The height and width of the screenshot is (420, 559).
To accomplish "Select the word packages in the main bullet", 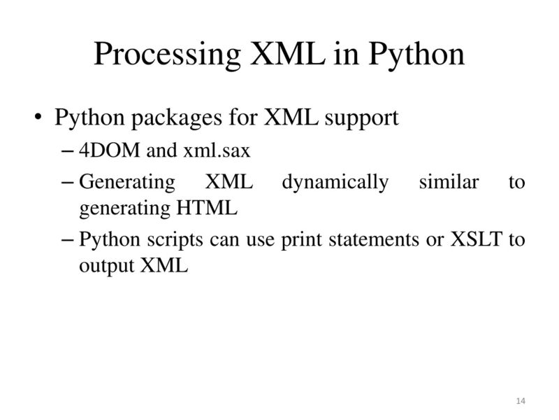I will [170, 117].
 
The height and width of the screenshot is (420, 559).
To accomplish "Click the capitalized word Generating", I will [127, 183].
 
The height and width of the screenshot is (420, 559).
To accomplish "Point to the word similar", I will [449, 183].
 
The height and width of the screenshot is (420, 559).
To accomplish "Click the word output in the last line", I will [108, 266].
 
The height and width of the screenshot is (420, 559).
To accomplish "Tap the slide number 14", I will [519, 400].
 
